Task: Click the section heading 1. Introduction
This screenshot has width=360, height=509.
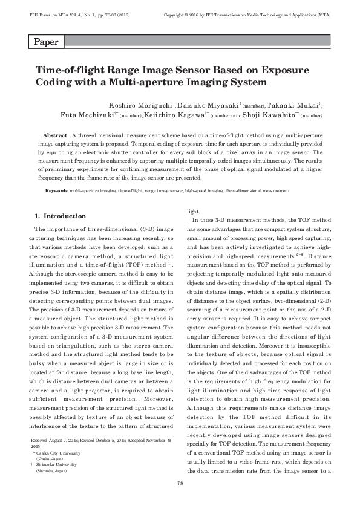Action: point(60,216)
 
